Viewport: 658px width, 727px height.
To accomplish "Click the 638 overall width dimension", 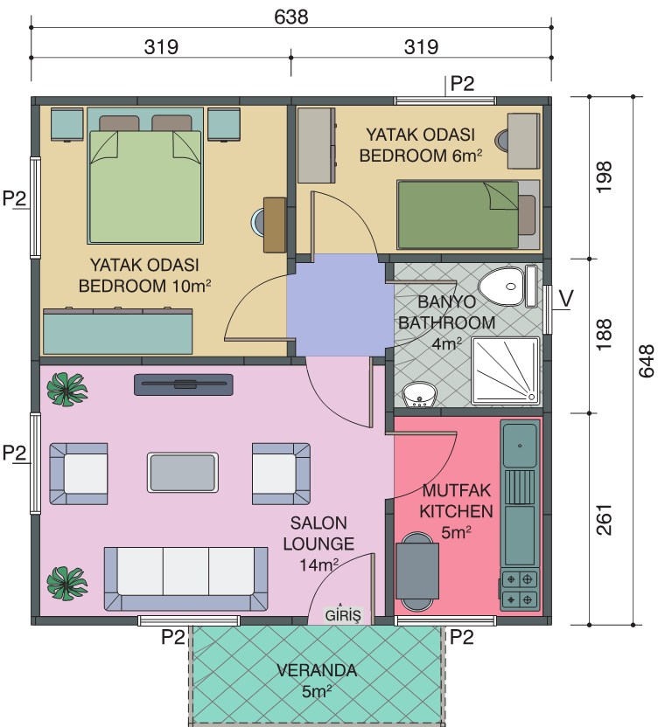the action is click(x=291, y=17).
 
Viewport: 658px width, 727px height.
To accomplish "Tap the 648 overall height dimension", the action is click(x=646, y=361).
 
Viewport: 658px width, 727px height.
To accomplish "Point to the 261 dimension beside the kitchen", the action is click(x=604, y=520).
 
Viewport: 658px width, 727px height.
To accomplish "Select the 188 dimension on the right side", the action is click(x=604, y=335).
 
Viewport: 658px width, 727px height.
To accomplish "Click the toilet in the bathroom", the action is click(x=508, y=286).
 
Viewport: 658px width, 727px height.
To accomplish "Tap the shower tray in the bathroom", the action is click(x=506, y=370).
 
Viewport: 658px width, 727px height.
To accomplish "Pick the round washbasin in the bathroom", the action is click(x=419, y=395).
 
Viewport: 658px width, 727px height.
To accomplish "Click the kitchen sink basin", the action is click(x=520, y=445).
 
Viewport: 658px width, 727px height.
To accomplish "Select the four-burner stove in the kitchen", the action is click(x=520, y=589).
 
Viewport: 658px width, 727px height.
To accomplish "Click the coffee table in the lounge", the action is click(x=183, y=472).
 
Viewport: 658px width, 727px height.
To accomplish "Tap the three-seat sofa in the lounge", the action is click(x=185, y=578).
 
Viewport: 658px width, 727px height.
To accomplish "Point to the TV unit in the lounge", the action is click(x=184, y=384).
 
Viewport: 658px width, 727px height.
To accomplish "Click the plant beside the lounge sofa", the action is click(x=67, y=584).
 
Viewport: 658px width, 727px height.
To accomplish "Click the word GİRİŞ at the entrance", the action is click(x=343, y=615).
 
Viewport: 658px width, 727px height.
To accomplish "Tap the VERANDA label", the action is click(x=317, y=670).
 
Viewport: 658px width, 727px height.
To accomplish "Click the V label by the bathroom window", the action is click(x=566, y=299).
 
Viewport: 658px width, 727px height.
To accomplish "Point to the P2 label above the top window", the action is click(x=463, y=84).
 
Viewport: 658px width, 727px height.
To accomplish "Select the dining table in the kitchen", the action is click(x=417, y=571).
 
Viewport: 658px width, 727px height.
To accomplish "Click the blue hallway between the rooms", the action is click(x=339, y=305).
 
